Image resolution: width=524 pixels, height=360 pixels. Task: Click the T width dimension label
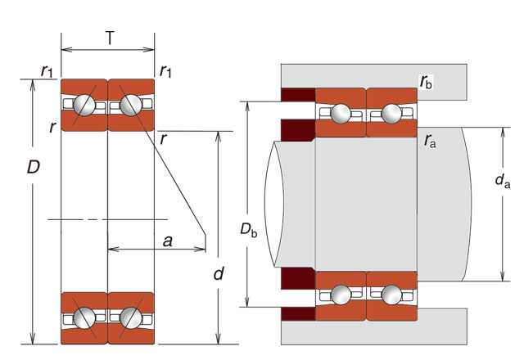[109, 37]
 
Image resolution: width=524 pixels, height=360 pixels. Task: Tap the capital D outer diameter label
[34, 168]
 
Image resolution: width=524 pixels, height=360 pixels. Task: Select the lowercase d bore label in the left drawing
[218, 274]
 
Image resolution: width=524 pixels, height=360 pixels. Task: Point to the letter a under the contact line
[167, 241]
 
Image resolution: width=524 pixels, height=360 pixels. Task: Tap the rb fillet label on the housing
[426, 82]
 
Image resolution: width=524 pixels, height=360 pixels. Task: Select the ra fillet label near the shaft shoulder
[430, 141]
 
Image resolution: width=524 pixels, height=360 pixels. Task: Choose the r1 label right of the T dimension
[166, 70]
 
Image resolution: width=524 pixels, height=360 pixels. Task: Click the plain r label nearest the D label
[52, 127]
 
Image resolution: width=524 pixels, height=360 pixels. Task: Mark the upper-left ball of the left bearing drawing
[84, 106]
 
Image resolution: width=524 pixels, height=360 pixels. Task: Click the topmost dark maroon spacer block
[298, 95]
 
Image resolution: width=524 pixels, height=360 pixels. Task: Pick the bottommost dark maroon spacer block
[298, 313]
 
